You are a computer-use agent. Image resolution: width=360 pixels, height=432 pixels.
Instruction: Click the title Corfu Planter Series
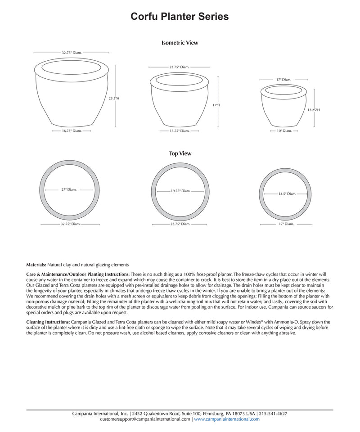pyautogui.click(x=180, y=17)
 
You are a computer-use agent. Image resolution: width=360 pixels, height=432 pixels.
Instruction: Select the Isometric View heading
pyautogui.click(x=180, y=43)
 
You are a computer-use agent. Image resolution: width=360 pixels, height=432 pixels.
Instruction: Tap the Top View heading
pyautogui.click(x=180, y=153)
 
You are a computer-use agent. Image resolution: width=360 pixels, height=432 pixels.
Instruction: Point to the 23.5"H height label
pyautogui.click(x=114, y=98)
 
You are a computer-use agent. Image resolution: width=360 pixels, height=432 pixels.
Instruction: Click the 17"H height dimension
pyautogui.click(x=216, y=105)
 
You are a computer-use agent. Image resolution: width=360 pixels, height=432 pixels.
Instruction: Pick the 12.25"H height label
pyautogui.click(x=314, y=110)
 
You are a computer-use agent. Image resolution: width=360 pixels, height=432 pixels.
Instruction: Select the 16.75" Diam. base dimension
pyautogui.click(x=72, y=131)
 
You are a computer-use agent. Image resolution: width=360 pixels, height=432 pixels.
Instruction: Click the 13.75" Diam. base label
pyautogui.click(x=180, y=131)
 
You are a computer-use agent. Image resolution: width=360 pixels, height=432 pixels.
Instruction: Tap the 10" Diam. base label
pyautogui.click(x=284, y=131)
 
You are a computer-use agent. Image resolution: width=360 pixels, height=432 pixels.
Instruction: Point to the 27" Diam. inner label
pyautogui.click(x=69, y=190)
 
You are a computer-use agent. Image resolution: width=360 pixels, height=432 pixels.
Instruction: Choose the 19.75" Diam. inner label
pyautogui.click(x=180, y=191)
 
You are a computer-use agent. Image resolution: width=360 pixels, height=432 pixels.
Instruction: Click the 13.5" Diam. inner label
pyautogui.click(x=287, y=194)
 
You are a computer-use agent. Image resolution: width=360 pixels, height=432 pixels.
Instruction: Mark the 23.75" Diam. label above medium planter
pyautogui.click(x=179, y=67)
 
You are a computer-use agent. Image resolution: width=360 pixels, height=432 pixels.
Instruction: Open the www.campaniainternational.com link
pyautogui.click(x=227, y=419)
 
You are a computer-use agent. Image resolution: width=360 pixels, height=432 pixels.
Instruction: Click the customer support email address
pyautogui.click(x=145, y=419)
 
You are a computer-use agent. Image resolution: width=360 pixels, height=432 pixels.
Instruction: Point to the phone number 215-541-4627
pyautogui.click(x=273, y=414)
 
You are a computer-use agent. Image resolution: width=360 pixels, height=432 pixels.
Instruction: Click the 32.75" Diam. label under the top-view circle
pyautogui.click(x=70, y=224)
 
